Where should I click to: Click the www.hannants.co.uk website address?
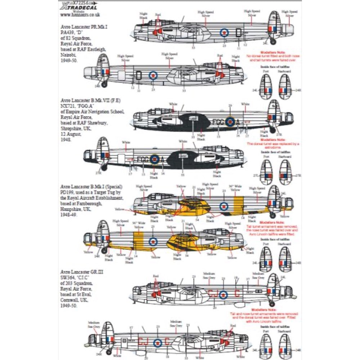pos(80,15)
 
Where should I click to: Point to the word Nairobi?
pos(69,56)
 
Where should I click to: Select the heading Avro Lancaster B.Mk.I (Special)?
pos(91,186)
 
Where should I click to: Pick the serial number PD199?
pos(68,192)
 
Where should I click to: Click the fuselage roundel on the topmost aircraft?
pos(224,33)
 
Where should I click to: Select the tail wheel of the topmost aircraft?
pos(273,42)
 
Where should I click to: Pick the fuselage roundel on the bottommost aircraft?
pos(157,342)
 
